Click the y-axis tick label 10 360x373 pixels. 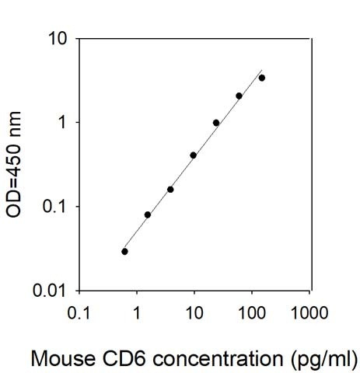(x=57, y=39)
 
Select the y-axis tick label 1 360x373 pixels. (x=62, y=122)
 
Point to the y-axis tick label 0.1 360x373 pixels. (x=54, y=207)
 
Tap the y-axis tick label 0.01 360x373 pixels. (x=49, y=290)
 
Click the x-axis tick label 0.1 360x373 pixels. (x=79, y=312)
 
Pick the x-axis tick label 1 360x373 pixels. (x=137, y=312)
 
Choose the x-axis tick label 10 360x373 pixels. (x=194, y=312)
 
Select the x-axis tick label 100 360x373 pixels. (x=252, y=312)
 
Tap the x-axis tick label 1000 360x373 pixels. (x=309, y=312)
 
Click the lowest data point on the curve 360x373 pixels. (x=124, y=252)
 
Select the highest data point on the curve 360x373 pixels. (x=262, y=78)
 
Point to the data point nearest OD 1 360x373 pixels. (x=216, y=123)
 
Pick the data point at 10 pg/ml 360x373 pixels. (x=193, y=155)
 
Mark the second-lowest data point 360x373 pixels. (x=148, y=214)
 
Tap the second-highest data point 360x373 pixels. (x=239, y=96)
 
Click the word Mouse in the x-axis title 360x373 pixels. (x=63, y=358)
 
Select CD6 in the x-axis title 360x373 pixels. (x=124, y=358)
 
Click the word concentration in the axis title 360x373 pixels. (x=218, y=359)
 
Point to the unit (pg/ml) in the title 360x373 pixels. (x=324, y=360)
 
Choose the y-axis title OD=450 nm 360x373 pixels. (x=13, y=165)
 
